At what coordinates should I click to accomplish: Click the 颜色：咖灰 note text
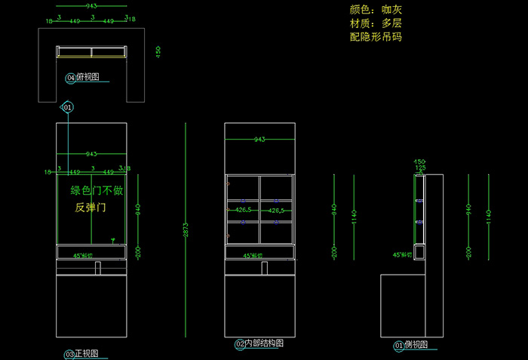pos(376,11)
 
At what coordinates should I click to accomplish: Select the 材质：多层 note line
pos(376,23)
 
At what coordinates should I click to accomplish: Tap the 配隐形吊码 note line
pos(376,36)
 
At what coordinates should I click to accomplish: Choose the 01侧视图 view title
pos(410,346)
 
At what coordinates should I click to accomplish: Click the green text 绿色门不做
pos(97,191)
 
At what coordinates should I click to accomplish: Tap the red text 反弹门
pos(90,207)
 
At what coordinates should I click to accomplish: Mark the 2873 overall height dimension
pos(186,234)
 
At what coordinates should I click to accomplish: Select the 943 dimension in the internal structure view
pos(259,140)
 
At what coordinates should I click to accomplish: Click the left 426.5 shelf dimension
pos(243,210)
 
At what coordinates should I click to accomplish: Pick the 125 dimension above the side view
pos(420,168)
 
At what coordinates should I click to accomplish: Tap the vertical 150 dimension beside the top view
pos(158,51)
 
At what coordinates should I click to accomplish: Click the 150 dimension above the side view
pos(420,162)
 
